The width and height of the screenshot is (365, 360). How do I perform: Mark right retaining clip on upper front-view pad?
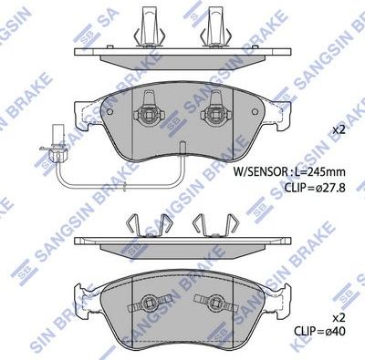tap(217, 115)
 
